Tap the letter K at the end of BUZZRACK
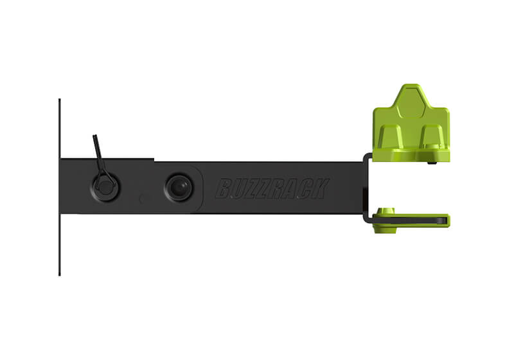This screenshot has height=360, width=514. point(321,189)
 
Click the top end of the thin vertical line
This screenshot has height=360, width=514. point(59,100)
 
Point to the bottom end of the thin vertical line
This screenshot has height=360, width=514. point(59,274)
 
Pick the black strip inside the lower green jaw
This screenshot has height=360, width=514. point(418,218)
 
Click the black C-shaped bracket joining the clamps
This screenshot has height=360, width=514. point(366,186)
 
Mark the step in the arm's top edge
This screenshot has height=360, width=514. point(154,159)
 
